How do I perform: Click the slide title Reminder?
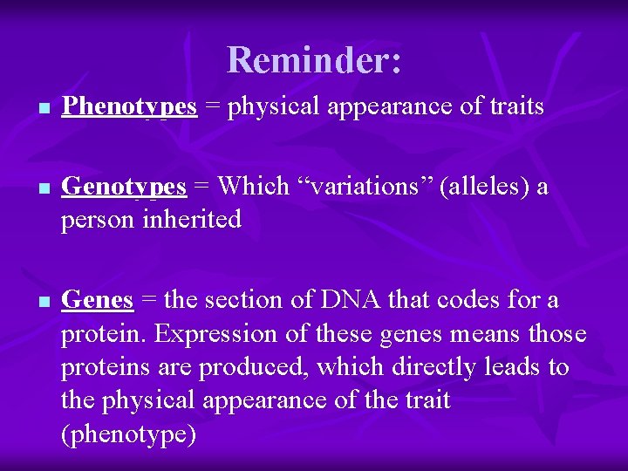[x=314, y=60]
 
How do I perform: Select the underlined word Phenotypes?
[x=130, y=107]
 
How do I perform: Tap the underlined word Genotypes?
[x=124, y=187]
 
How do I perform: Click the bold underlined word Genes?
[x=98, y=300]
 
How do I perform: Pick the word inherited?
[x=185, y=220]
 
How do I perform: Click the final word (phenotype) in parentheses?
[x=128, y=434]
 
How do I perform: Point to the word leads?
[x=516, y=367]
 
